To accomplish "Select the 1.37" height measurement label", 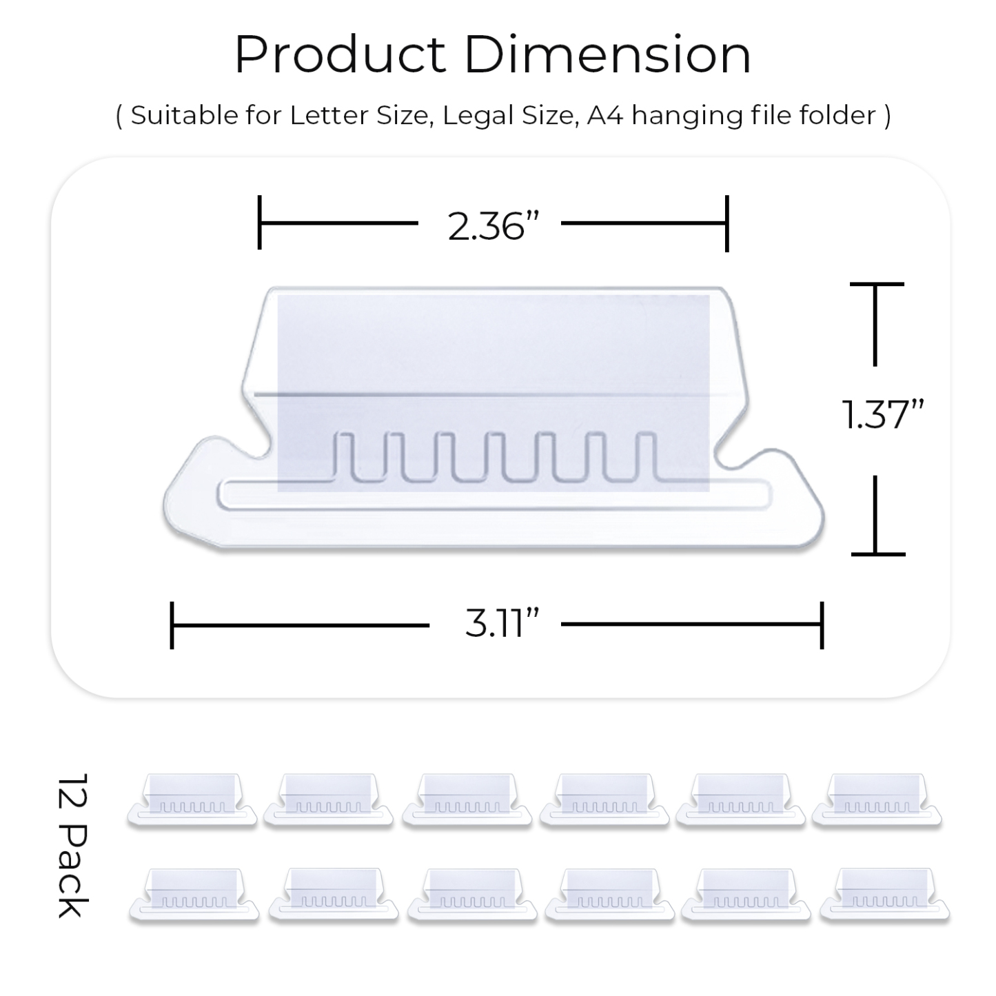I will (x=882, y=414).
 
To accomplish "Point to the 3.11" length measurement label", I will (x=501, y=624).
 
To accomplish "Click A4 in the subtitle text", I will (x=604, y=115).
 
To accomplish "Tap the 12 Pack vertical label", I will (x=72, y=844).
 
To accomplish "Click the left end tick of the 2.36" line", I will (x=259, y=223).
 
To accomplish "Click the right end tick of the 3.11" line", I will (x=822, y=624).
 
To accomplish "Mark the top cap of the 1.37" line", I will (x=876, y=284).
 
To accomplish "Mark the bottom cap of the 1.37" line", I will (x=877, y=553).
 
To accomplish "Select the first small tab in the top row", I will (x=192, y=800).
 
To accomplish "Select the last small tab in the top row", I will (x=876, y=800).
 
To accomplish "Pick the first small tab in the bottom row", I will (x=194, y=895).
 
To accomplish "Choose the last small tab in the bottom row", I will (x=884, y=895).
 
